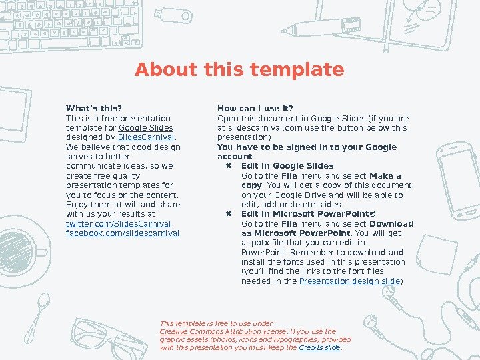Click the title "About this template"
[x=239, y=69]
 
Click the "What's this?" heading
[x=94, y=109]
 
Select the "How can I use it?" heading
[x=255, y=109]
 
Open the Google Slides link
[x=146, y=127]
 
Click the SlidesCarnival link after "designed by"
[x=146, y=137]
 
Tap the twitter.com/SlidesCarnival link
[x=119, y=223]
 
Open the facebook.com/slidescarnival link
[x=123, y=233]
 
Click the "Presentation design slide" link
[x=349, y=281]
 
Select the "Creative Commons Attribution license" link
[x=223, y=331]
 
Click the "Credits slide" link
[x=319, y=347]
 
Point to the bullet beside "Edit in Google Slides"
[x=229, y=166]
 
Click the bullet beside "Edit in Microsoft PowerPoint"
[x=229, y=214]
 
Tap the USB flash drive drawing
[x=173, y=15]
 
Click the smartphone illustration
[x=458, y=180]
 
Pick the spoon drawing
[x=37, y=317]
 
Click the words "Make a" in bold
[x=385, y=176]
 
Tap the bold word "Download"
[x=391, y=224]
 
